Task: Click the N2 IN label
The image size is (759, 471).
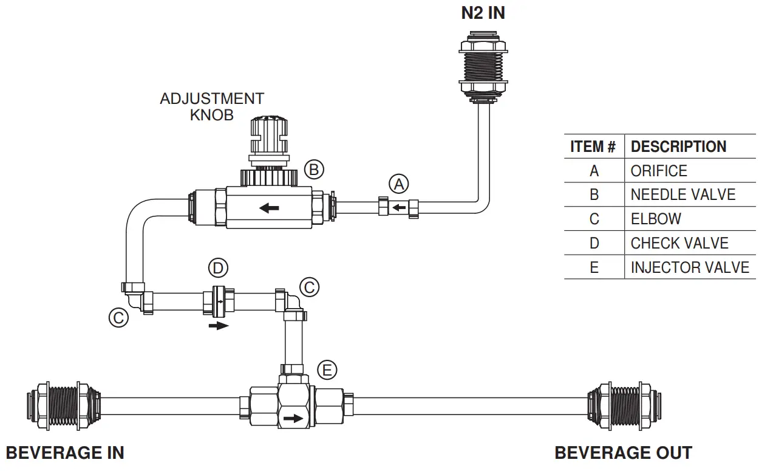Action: (x=483, y=13)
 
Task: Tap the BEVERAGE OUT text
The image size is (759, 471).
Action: (x=623, y=453)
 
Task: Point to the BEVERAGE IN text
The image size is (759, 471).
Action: (x=65, y=453)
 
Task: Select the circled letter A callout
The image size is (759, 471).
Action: (x=399, y=184)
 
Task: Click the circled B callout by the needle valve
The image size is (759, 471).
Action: (x=314, y=170)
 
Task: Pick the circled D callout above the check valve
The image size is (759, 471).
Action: (x=218, y=267)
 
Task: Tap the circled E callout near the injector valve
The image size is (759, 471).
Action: (x=327, y=370)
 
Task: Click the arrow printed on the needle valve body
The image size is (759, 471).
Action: (x=269, y=208)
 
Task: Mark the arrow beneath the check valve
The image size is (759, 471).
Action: (x=219, y=326)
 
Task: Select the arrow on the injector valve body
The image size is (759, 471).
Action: (x=293, y=419)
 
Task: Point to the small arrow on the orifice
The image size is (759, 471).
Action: (x=399, y=208)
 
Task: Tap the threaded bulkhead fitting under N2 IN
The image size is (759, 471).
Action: (x=483, y=67)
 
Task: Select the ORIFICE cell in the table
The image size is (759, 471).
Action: (x=659, y=171)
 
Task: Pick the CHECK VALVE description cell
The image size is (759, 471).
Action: (x=679, y=243)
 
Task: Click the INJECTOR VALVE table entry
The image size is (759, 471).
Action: (x=690, y=267)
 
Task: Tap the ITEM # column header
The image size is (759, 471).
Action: (x=593, y=146)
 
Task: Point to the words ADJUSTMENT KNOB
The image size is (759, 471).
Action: (x=212, y=106)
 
